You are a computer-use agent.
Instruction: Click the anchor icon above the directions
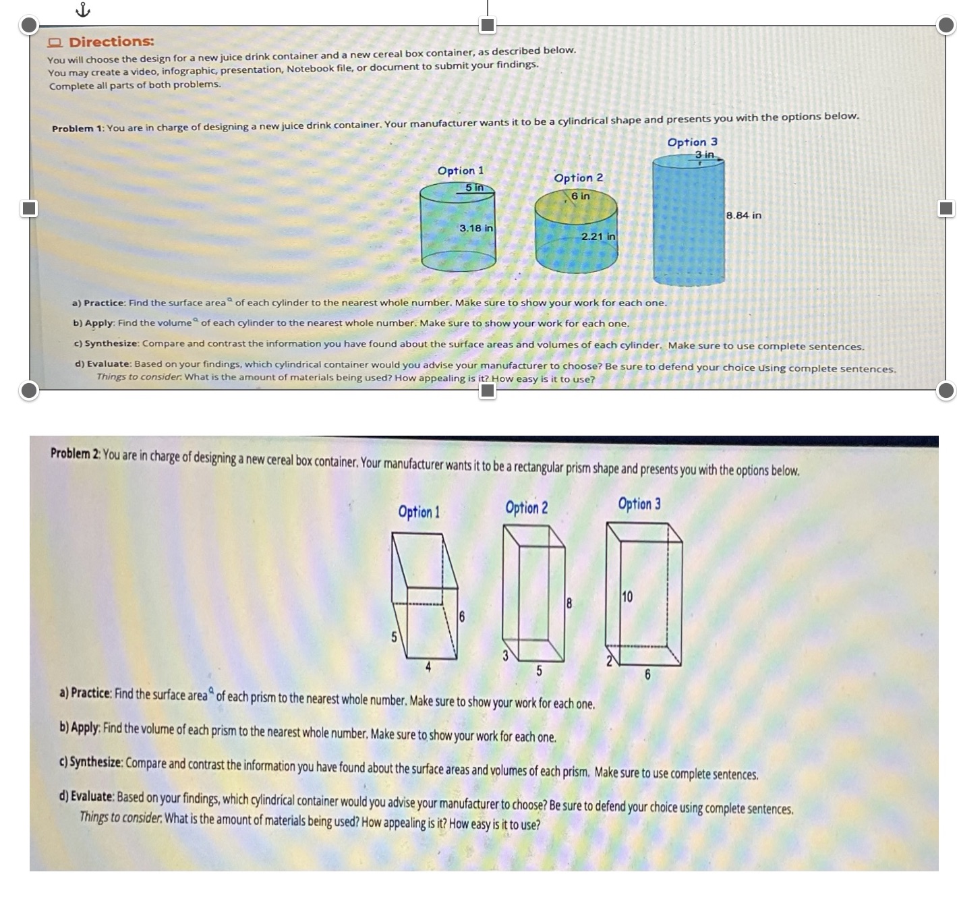coord(82,9)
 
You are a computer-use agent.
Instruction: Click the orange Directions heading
coord(111,42)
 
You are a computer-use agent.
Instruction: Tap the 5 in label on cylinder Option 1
coord(474,187)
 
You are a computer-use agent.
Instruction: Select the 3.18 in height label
coord(476,228)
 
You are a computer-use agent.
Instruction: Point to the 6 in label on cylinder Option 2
coord(580,196)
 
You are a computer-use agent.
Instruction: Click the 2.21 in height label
coord(598,237)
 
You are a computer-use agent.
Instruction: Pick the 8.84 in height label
coord(744,215)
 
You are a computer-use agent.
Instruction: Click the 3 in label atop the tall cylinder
coord(704,155)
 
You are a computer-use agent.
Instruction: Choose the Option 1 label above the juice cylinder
coord(461,171)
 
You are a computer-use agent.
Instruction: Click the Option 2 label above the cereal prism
coord(527,508)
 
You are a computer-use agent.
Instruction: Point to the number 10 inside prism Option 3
coord(627,597)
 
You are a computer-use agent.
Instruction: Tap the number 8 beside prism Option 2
coord(569,604)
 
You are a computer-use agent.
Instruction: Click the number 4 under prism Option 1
coord(428,668)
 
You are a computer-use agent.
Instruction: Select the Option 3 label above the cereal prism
coord(639,504)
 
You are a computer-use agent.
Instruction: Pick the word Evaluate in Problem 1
coord(108,364)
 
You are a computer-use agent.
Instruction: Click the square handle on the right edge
coord(947,208)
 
